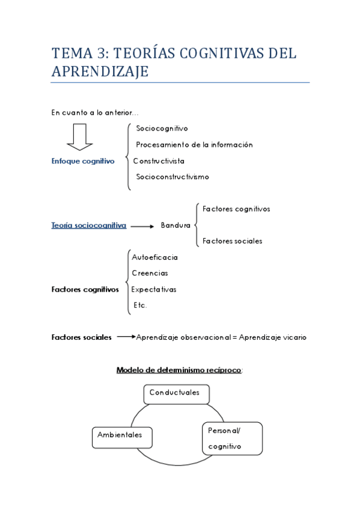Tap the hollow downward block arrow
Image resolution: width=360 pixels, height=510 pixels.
point(79,137)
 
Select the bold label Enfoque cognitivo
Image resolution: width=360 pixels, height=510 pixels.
point(82,161)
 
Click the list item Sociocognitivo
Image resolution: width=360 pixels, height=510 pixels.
point(162,128)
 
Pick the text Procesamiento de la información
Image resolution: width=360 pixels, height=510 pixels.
point(194,144)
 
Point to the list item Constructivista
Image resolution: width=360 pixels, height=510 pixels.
point(159,161)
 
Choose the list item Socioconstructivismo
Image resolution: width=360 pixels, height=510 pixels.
point(172,177)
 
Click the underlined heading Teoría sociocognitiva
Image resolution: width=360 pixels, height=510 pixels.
point(88,226)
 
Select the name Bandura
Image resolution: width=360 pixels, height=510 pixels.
point(175,226)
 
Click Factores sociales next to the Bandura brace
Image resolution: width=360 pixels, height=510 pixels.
point(232,241)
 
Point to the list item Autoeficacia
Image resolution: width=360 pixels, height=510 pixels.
point(154,257)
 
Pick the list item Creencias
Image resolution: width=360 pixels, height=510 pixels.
point(150,273)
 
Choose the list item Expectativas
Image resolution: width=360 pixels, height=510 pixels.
point(154,289)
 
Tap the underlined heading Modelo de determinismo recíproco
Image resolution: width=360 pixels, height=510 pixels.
point(179,370)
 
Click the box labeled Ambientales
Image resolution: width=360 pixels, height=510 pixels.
point(121,437)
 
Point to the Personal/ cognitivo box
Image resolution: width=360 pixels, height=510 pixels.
point(232,438)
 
